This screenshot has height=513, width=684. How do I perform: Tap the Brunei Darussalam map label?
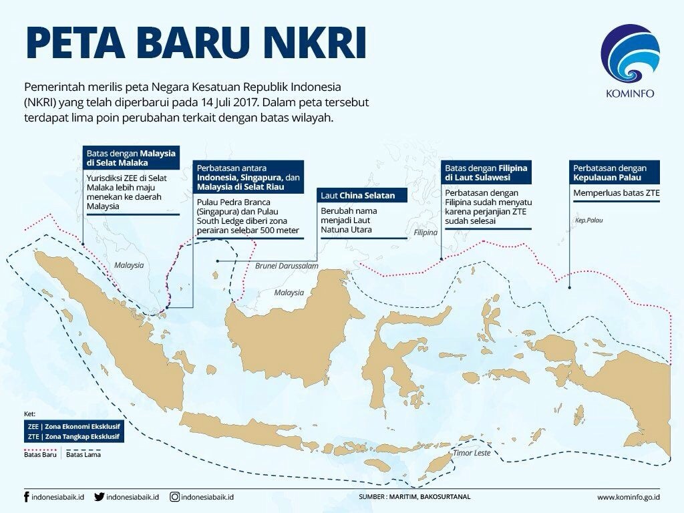coord(287,266)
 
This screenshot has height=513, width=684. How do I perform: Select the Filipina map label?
coord(425,233)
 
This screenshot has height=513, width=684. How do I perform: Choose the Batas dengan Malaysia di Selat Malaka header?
coord(130,158)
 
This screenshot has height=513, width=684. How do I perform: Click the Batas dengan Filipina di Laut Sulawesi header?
coord(486,173)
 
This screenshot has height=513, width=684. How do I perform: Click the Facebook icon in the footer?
coord(26,497)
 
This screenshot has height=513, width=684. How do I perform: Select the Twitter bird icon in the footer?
coord(100,497)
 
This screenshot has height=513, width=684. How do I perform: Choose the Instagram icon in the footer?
coord(174,497)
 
